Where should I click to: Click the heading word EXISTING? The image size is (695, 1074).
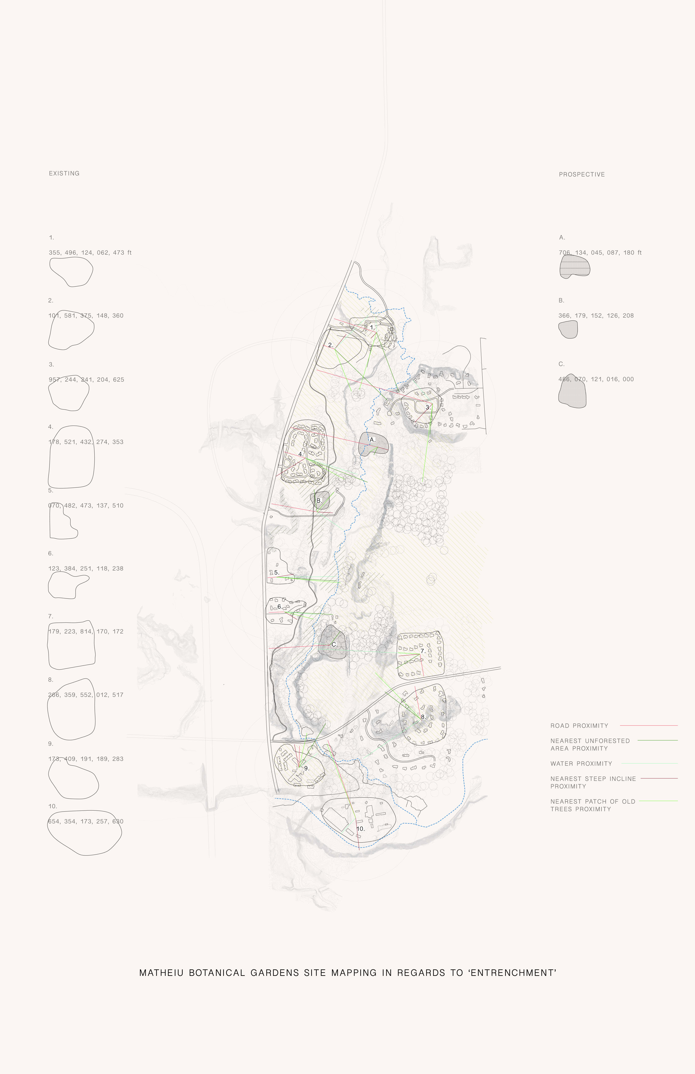point(64,173)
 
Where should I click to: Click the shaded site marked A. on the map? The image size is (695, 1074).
point(373,443)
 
